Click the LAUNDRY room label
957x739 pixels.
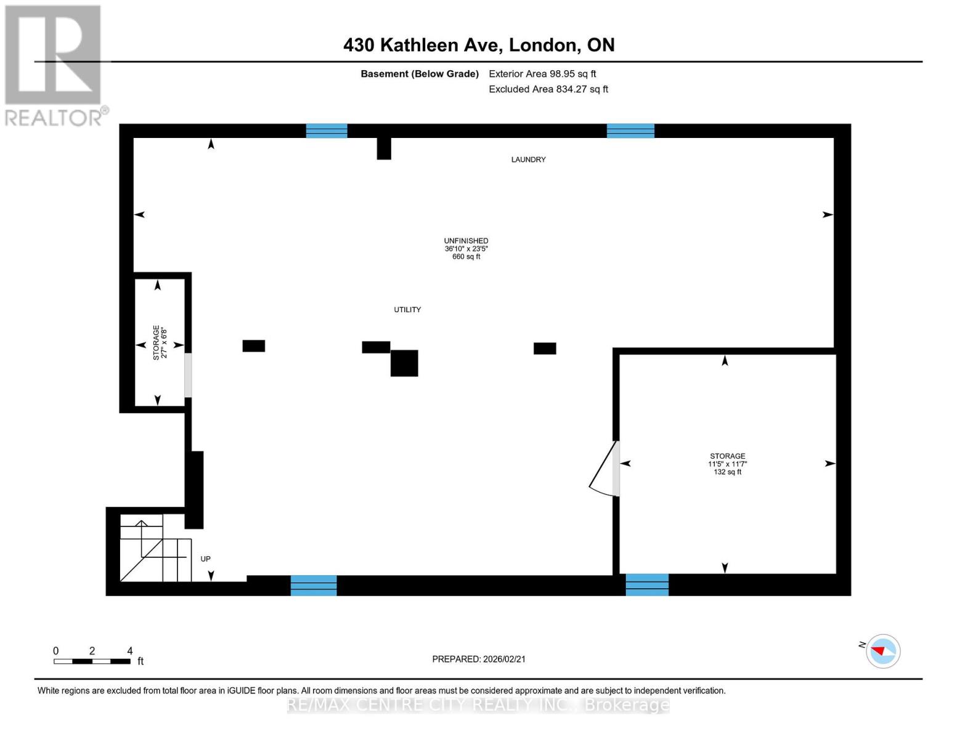point(528,160)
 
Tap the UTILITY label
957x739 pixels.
point(407,310)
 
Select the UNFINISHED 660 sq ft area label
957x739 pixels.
point(466,249)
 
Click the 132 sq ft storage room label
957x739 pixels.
point(727,464)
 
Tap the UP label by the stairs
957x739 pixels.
point(205,559)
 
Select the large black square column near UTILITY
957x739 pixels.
point(404,363)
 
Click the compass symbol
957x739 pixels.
point(883,651)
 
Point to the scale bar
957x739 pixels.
point(92,661)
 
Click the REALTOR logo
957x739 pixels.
point(54,65)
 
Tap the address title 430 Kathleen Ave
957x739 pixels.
point(479,45)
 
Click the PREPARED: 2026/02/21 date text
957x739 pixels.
point(479,659)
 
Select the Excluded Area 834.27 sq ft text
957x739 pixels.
point(548,89)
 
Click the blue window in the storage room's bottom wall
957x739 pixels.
point(647,584)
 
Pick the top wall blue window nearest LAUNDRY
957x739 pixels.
point(630,131)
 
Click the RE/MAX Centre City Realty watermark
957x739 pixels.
point(479,705)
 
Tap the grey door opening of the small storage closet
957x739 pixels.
point(188,375)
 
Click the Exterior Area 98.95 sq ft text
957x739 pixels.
point(542,74)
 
